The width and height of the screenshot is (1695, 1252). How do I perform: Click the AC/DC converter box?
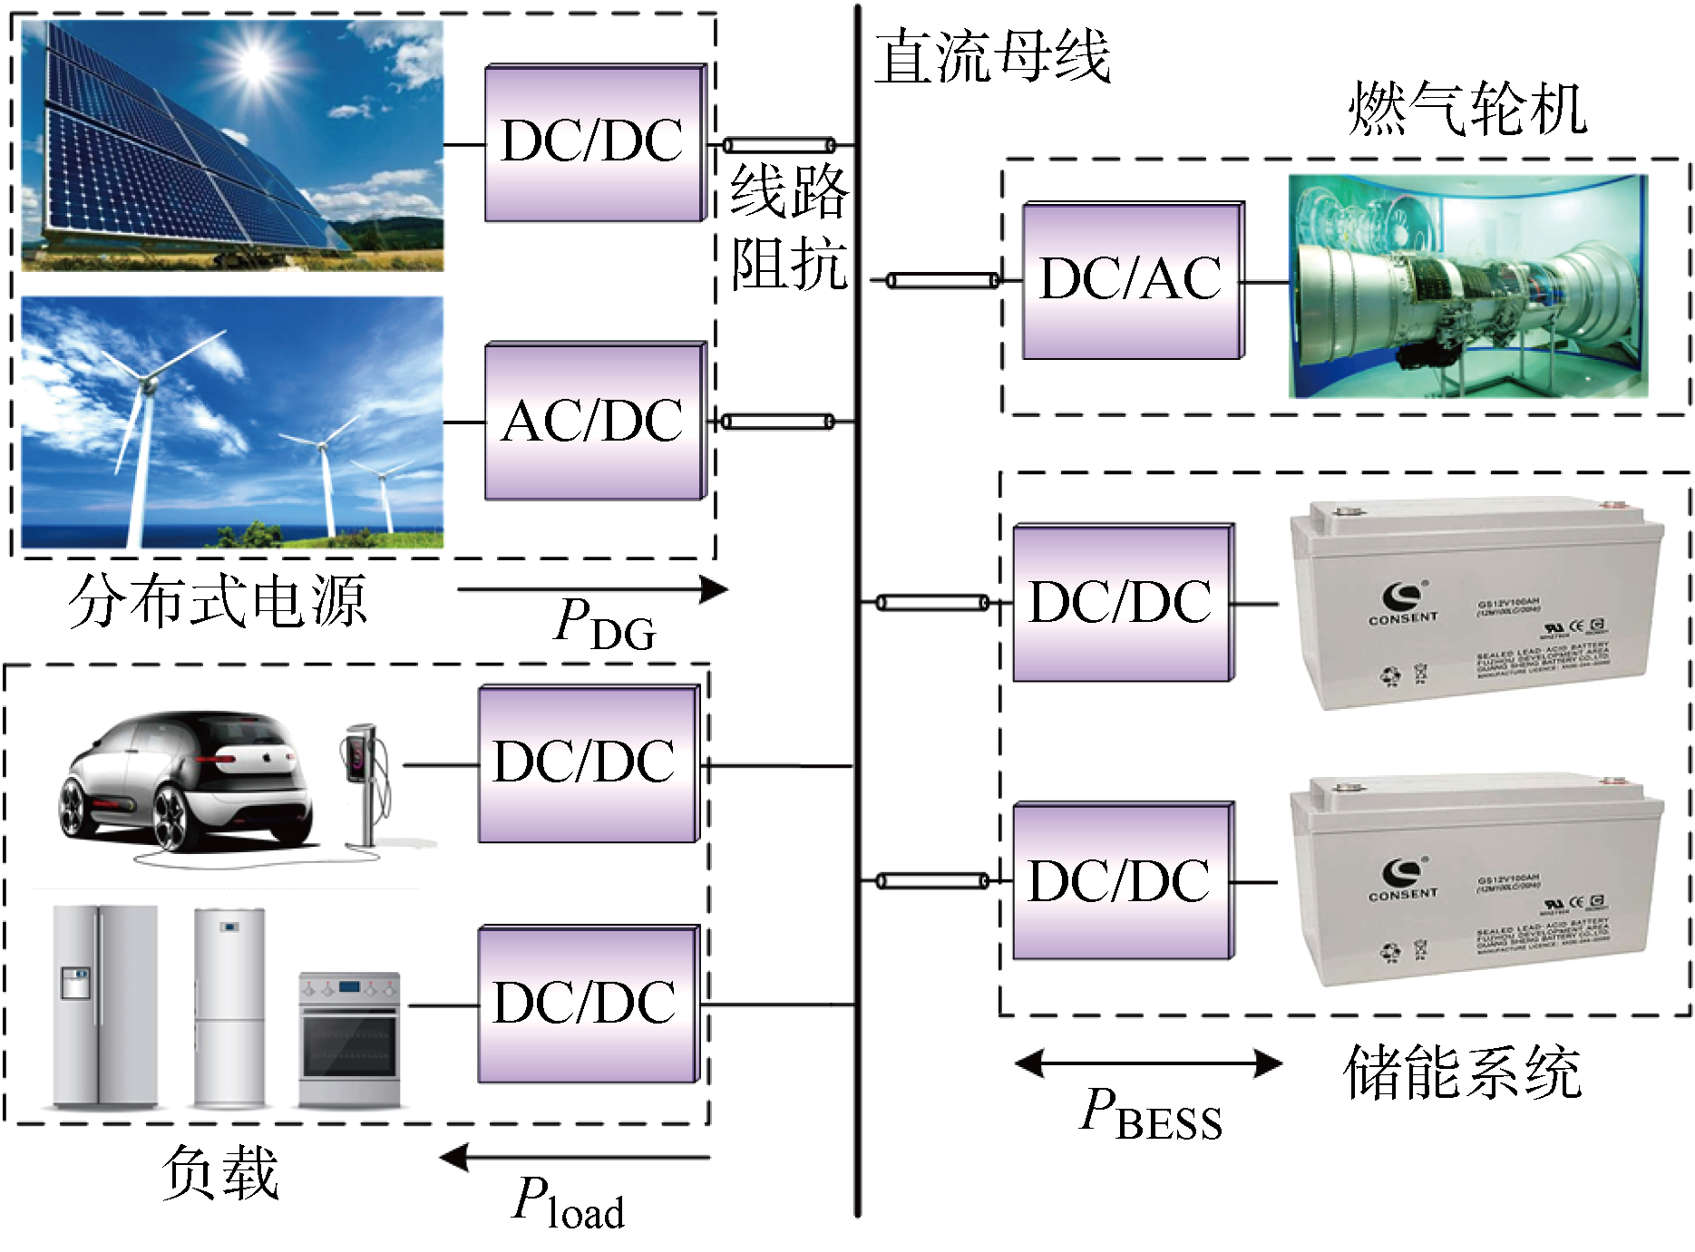pos(594,422)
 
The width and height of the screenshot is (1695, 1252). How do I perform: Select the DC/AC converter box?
pos(1132,281)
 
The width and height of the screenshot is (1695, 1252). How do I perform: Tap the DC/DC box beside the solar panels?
pos(594,142)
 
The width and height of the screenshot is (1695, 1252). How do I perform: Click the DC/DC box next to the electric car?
pos(588,764)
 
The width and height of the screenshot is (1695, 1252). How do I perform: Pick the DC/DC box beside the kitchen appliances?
pos(588,1005)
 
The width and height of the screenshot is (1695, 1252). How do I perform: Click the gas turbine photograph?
pos(1467,286)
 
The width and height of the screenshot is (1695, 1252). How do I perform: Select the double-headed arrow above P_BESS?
pos(1148,1063)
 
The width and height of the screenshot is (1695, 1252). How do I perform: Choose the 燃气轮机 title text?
pos(1466,109)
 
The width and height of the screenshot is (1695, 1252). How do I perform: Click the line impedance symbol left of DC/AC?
pos(941,281)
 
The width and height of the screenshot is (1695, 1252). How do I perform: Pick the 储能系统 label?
pos(1462,1072)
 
